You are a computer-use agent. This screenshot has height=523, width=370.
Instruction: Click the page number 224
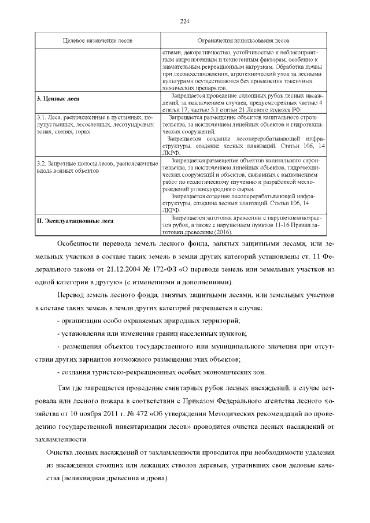coord(185,22)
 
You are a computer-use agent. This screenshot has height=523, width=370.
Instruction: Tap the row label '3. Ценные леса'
coord(58,99)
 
